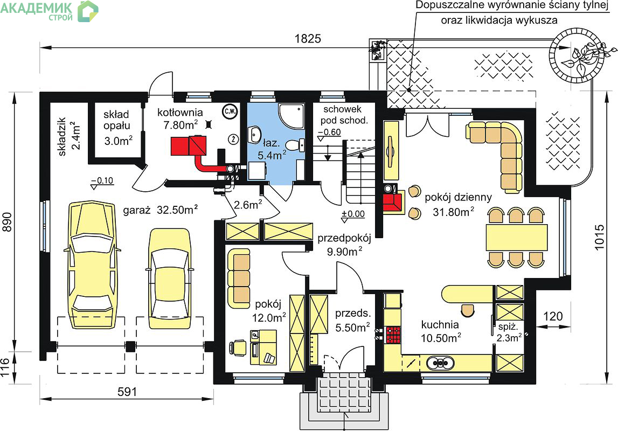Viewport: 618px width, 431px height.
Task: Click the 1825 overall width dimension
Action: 308,39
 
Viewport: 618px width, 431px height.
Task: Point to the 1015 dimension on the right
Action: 599,237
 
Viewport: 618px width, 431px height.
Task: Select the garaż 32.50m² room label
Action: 160,210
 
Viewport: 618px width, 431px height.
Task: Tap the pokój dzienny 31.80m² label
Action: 458,205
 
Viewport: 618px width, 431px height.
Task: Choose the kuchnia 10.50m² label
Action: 440,331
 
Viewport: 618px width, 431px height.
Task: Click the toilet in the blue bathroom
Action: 295,145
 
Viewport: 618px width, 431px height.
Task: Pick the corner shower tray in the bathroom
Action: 291,116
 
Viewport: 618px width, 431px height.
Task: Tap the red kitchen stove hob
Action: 393,335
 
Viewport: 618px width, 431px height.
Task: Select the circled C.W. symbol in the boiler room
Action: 230,112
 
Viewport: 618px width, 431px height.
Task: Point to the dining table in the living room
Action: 516,238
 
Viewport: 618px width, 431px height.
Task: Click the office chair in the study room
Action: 237,348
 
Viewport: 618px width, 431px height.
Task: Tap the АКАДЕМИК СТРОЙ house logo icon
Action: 88,11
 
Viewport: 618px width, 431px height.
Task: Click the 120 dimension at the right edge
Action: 553,316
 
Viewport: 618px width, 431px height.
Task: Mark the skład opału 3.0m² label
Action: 117,128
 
